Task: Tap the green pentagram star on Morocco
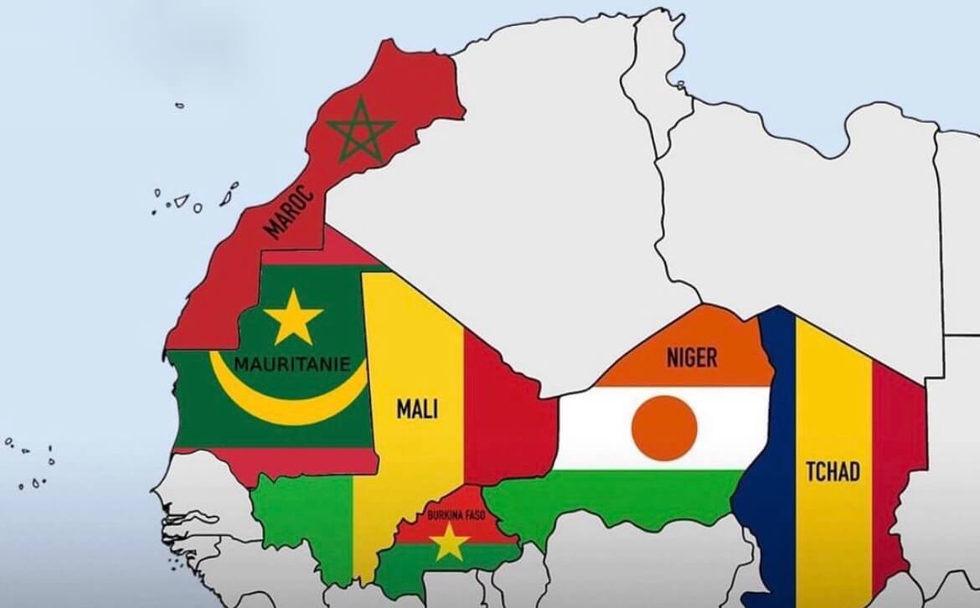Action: click(x=360, y=131)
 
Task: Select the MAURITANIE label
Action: click(x=288, y=365)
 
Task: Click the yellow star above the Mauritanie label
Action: click(x=292, y=317)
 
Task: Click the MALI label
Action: click(x=417, y=410)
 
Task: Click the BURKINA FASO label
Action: click(x=456, y=514)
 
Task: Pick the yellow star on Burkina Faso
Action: click(x=451, y=543)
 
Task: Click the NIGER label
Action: click(x=691, y=358)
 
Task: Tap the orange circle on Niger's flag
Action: click(x=664, y=428)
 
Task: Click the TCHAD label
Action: click(x=832, y=471)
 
